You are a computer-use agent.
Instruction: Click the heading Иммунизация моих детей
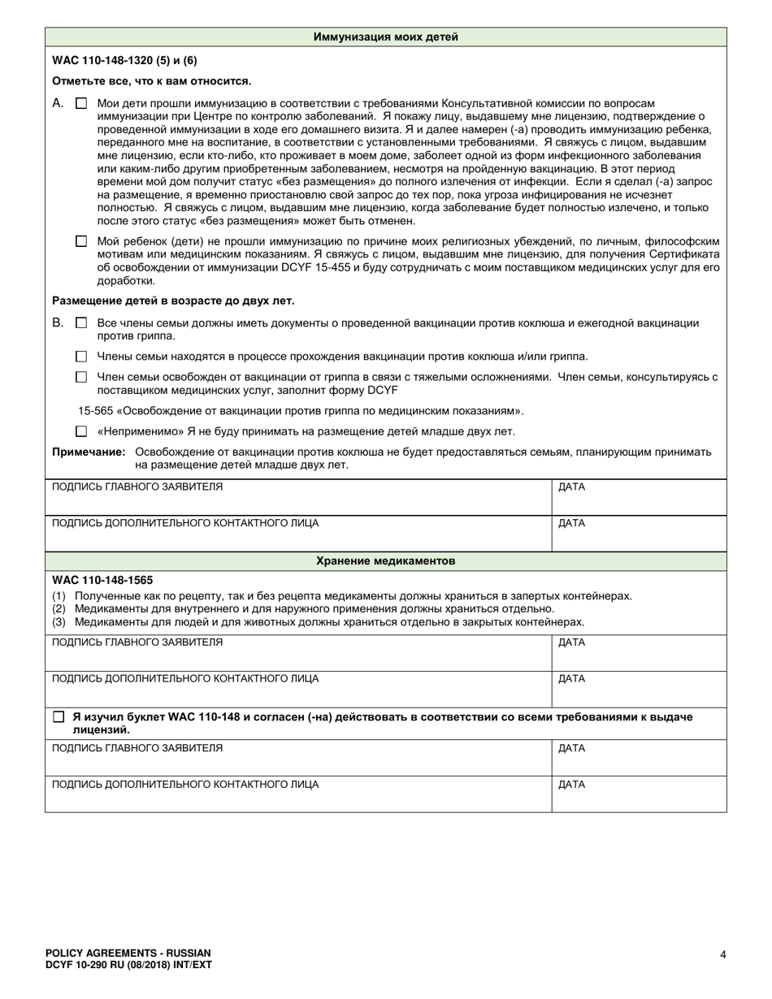click(385, 37)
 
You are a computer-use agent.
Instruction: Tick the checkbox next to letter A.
click(81, 104)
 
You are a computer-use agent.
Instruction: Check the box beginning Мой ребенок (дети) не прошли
click(81, 241)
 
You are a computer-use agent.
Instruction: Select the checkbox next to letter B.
click(81, 323)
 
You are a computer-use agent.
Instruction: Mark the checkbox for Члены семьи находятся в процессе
click(81, 357)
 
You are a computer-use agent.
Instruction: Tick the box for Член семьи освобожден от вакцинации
click(81, 377)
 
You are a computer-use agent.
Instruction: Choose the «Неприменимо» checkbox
click(81, 432)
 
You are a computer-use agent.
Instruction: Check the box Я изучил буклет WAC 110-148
click(59, 717)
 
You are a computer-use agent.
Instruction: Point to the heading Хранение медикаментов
click(385, 561)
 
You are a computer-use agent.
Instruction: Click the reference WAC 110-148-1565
click(102, 581)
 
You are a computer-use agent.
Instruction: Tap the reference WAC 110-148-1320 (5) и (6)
click(124, 60)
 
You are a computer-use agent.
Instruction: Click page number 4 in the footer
click(722, 955)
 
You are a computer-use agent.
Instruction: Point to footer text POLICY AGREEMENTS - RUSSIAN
click(128, 953)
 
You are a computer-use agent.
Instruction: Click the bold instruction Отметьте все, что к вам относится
click(152, 81)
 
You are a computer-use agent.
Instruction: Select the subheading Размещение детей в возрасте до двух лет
click(173, 301)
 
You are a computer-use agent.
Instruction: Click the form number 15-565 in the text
click(94, 411)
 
